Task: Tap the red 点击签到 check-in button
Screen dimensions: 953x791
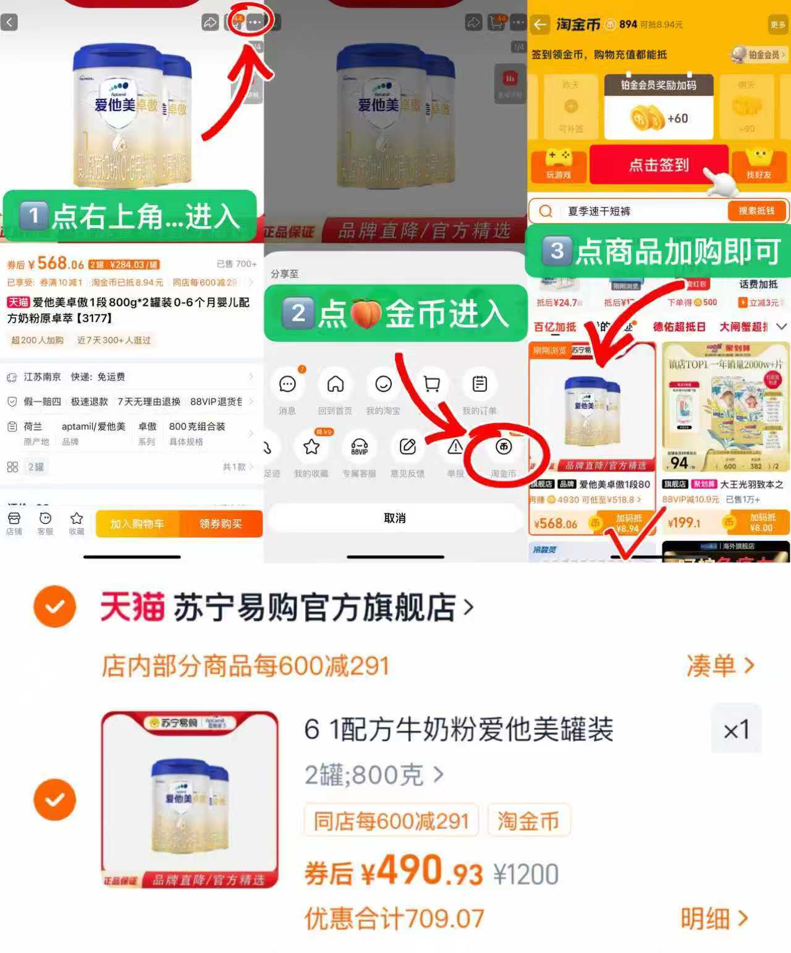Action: (659, 165)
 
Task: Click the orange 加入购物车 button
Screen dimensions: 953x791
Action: (137, 524)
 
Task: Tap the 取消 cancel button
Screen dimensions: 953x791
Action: (395, 518)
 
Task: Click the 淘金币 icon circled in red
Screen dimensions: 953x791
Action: (504, 447)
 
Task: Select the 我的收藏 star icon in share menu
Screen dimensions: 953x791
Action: (311, 447)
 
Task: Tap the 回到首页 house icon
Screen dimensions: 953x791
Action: (335, 384)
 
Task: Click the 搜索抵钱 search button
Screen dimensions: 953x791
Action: (756, 211)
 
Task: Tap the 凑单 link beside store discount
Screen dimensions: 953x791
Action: (720, 666)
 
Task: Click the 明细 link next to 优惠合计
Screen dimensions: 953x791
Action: (714, 919)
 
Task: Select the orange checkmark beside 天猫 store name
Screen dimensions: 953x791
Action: (55, 607)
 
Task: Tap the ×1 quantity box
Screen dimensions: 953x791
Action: (736, 730)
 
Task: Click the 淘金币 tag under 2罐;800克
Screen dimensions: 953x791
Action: (528, 821)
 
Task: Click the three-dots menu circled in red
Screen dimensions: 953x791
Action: (255, 22)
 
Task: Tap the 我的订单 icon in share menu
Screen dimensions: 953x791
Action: (480, 384)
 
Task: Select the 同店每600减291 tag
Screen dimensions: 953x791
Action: (391, 821)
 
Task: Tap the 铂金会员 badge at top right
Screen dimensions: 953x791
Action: (759, 54)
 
